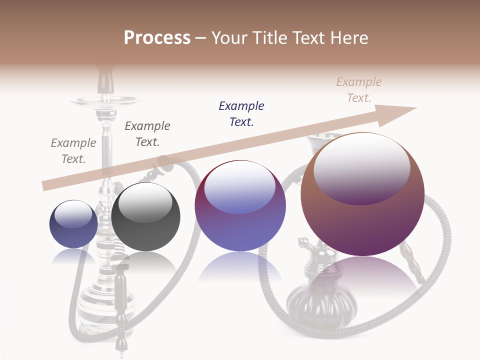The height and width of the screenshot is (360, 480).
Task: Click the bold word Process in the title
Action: [157, 38]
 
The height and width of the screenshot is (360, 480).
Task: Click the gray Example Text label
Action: [73, 151]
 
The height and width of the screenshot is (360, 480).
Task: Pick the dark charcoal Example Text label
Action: [147, 134]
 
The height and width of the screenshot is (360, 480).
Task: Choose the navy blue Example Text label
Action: [241, 113]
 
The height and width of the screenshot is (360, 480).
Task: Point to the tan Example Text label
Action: [358, 90]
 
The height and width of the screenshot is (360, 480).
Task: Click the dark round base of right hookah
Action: [312, 305]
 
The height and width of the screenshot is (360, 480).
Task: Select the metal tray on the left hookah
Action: [105, 100]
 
